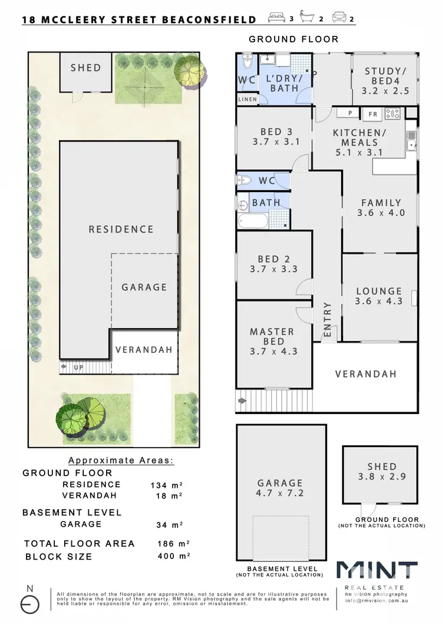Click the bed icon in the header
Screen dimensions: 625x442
276,18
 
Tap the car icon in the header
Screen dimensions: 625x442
339,18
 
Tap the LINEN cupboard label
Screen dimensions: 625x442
248,100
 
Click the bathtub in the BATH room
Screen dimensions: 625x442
253,222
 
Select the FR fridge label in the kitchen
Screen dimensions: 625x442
372,114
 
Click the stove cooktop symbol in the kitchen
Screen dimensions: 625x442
392,114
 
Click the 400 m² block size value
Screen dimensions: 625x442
170,556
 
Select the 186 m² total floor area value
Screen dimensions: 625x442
170,543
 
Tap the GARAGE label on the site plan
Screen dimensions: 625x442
144,287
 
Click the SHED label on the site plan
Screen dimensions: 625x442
86,68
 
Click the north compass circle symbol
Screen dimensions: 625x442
30,604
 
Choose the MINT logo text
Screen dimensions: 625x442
377,572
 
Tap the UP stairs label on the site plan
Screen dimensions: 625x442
78,367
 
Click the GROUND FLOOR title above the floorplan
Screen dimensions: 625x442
293,39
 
